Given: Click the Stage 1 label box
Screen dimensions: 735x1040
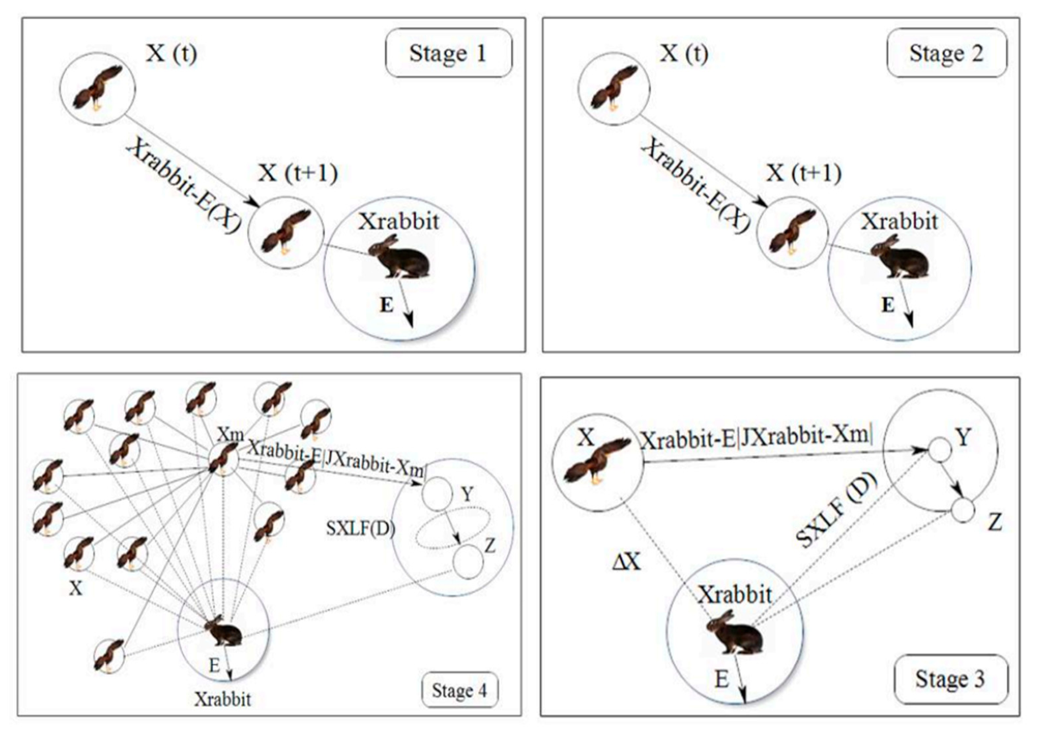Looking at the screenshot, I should pyautogui.click(x=448, y=53).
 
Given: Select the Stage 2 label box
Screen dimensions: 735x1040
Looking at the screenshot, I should pyautogui.click(x=947, y=53).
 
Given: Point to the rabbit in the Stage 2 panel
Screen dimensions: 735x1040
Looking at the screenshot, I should pyautogui.click(x=901, y=258).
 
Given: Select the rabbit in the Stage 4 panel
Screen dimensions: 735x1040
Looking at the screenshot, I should pyautogui.click(x=224, y=630).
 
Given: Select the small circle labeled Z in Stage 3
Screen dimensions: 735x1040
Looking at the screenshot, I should pyautogui.click(x=962, y=511).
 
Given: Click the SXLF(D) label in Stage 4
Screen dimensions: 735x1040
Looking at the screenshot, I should pyautogui.click(x=361, y=528).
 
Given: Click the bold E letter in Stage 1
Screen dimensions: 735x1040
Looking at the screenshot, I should pyautogui.click(x=386, y=305).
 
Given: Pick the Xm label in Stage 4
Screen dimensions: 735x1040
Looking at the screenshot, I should pyautogui.click(x=230, y=435).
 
